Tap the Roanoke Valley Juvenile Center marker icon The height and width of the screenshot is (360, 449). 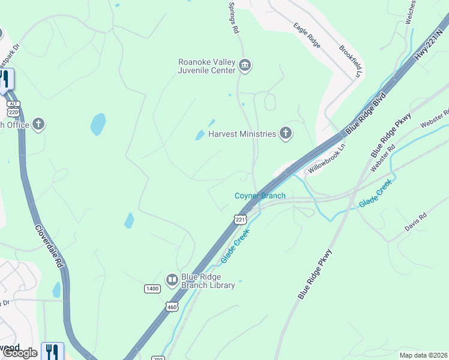(244, 65)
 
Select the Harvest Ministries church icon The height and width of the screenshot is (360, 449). (286, 134)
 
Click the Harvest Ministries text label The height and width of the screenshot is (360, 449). (242, 134)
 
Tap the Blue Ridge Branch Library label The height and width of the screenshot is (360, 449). (209, 281)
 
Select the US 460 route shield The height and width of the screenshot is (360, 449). (172, 306)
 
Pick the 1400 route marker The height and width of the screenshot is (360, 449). (152, 289)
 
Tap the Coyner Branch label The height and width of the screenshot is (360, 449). (260, 196)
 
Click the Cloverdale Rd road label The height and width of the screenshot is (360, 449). (49, 246)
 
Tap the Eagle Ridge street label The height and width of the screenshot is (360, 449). (307, 35)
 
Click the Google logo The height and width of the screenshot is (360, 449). (20, 353)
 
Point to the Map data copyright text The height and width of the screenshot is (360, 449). (423, 355)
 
